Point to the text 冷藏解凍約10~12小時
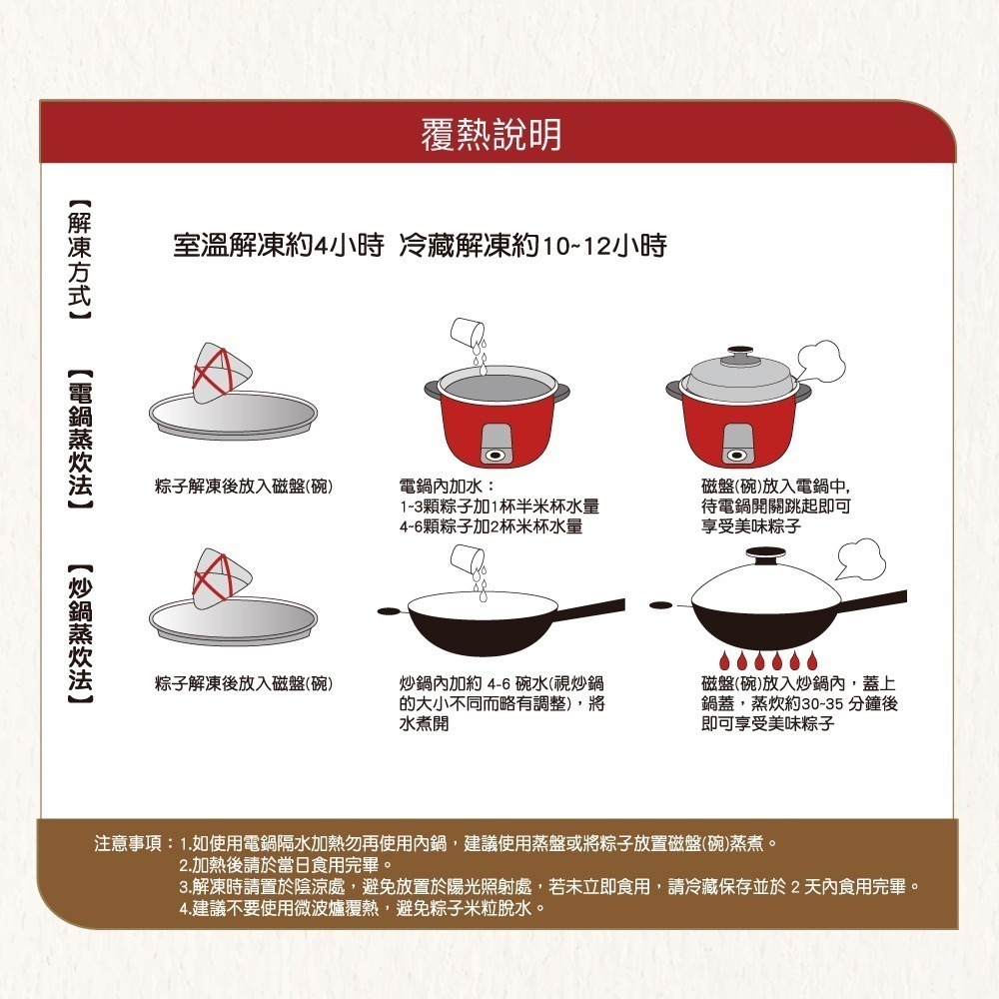pyautogui.click(x=532, y=246)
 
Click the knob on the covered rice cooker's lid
pyautogui.click(x=740, y=353)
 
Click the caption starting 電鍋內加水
pyautogui.click(x=498, y=505)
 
